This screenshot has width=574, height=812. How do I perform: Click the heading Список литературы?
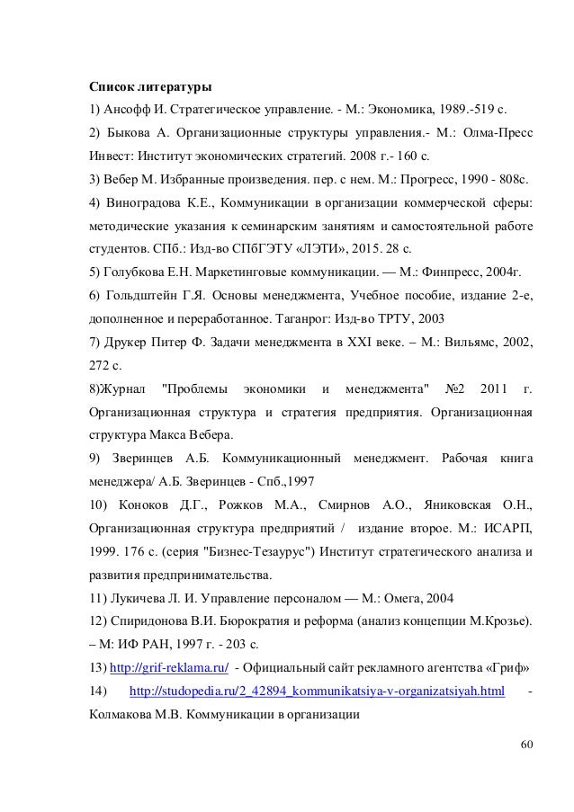(148, 88)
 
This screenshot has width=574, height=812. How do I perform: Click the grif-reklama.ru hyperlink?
(168, 668)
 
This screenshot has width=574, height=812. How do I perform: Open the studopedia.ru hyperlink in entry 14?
(317, 692)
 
